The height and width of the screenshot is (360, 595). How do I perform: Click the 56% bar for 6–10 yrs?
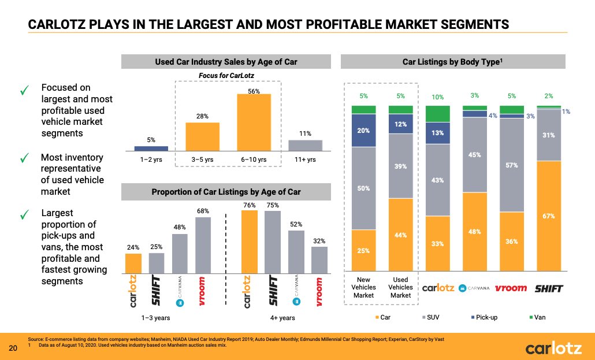[x=254, y=122]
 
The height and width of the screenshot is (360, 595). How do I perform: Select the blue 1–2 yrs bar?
[x=151, y=148]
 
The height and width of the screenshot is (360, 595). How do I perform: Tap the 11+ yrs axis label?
[x=305, y=159]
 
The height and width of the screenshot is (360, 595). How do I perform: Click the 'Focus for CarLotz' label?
[x=227, y=76]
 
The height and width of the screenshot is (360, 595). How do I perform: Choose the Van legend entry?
[x=537, y=317]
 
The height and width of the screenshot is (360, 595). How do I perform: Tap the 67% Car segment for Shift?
[x=549, y=216]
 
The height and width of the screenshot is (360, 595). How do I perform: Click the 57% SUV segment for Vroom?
[x=511, y=165]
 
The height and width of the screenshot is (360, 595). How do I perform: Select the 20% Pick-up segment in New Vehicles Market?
[x=363, y=130]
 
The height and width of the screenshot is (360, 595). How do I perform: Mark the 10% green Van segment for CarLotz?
[x=437, y=114]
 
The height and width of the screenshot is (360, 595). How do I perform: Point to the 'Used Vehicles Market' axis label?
[x=400, y=287]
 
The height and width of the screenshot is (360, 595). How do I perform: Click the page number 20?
[x=13, y=348]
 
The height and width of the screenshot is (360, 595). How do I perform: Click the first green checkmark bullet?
[x=24, y=90]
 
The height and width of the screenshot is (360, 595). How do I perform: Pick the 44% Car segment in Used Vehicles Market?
[x=400, y=235]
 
